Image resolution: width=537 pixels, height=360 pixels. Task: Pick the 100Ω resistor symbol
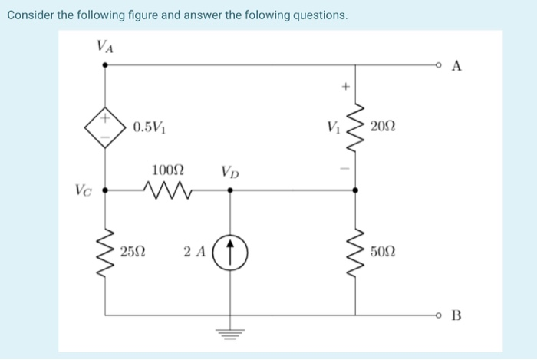(167, 189)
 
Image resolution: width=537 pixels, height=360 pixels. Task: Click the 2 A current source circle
(232, 251)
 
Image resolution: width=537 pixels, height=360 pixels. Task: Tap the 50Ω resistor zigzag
(354, 250)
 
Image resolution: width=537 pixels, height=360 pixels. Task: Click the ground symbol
(232, 332)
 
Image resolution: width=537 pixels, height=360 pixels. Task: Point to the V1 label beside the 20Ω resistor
(332, 126)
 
